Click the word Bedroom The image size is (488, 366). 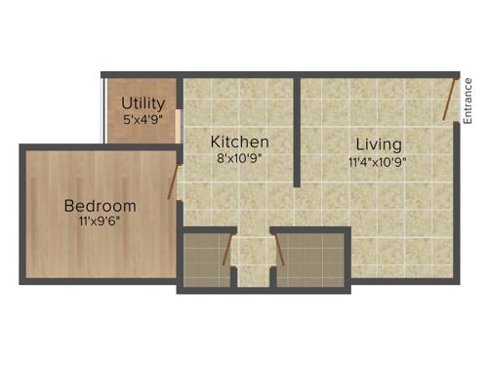[x=100, y=206]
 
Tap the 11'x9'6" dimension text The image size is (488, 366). [x=100, y=221]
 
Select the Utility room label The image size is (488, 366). [x=142, y=103]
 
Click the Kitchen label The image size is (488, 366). [x=240, y=142]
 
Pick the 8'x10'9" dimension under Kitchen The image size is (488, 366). [x=240, y=156]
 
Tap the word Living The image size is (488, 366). [x=378, y=144]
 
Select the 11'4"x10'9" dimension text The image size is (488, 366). [x=378, y=162]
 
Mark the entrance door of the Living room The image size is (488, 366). [x=449, y=101]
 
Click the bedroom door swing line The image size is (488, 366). [x=173, y=183]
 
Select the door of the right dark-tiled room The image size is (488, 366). [x=280, y=249]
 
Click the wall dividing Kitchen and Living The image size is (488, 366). [x=297, y=127]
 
